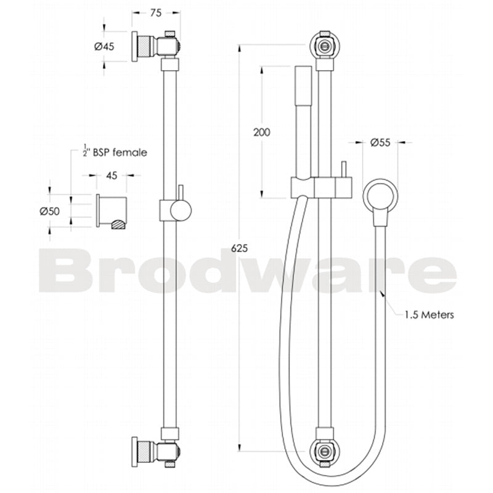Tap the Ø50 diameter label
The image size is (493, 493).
pyautogui.click(x=49, y=211)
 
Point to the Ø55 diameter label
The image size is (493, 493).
pyautogui.click(x=381, y=142)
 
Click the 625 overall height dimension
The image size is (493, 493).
pyautogui.click(x=240, y=248)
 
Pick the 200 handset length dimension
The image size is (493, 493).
pyautogui.click(x=262, y=132)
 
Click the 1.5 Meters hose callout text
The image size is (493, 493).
pyautogui.click(x=429, y=314)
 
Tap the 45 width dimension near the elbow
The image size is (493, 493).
pyautogui.click(x=112, y=176)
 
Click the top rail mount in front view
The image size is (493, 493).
pyautogui.click(x=325, y=45)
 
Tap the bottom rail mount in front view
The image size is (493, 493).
pyautogui.click(x=325, y=450)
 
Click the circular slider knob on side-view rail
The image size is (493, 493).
pyautogui.click(x=181, y=211)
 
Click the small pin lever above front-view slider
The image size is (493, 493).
pyautogui.click(x=343, y=171)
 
